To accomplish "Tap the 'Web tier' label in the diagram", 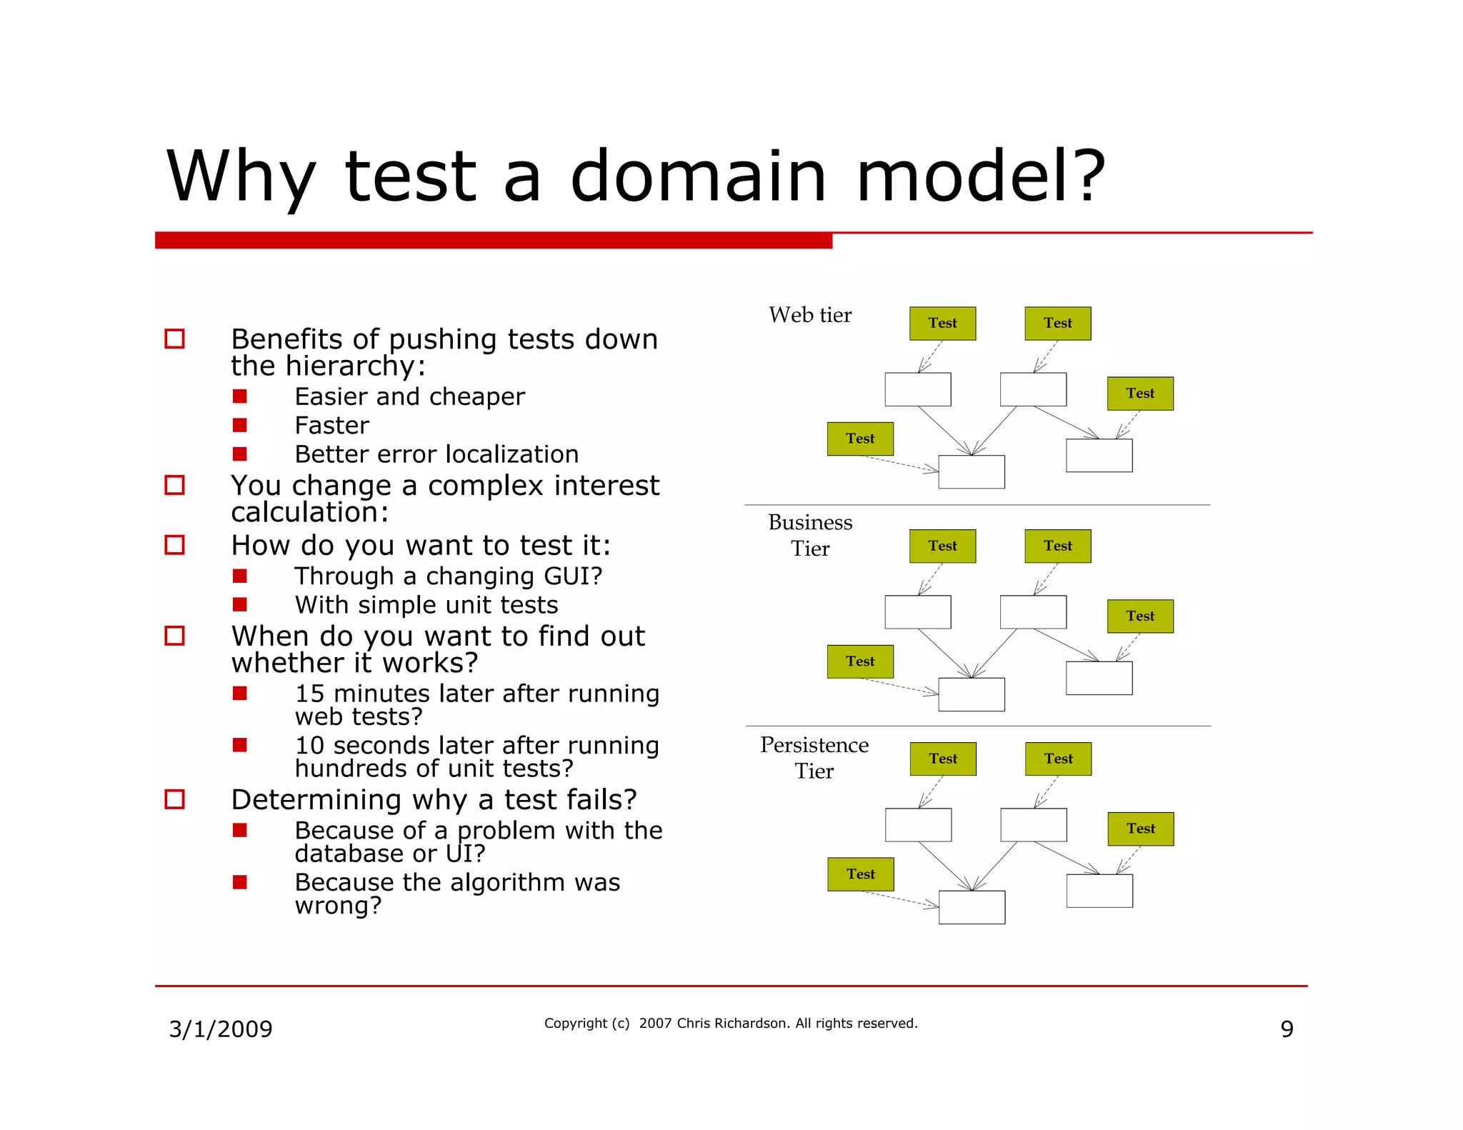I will [x=810, y=315].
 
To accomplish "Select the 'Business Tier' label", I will [x=810, y=535].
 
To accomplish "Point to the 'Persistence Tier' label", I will [x=814, y=757].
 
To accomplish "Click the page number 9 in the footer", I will [x=1287, y=1029].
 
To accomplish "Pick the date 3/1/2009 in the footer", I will [x=221, y=1029].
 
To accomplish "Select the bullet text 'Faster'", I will [x=331, y=426].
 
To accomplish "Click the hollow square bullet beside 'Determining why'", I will [x=175, y=799].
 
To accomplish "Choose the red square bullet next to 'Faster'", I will [x=240, y=426].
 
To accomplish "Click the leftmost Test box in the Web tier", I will [x=860, y=439].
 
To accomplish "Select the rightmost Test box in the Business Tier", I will [x=1140, y=616].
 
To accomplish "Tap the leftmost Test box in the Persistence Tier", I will [x=861, y=874].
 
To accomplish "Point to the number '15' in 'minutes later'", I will [x=309, y=694].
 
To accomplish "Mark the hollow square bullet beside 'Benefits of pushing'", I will [x=175, y=339].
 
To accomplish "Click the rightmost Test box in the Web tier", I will [x=1140, y=394].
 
